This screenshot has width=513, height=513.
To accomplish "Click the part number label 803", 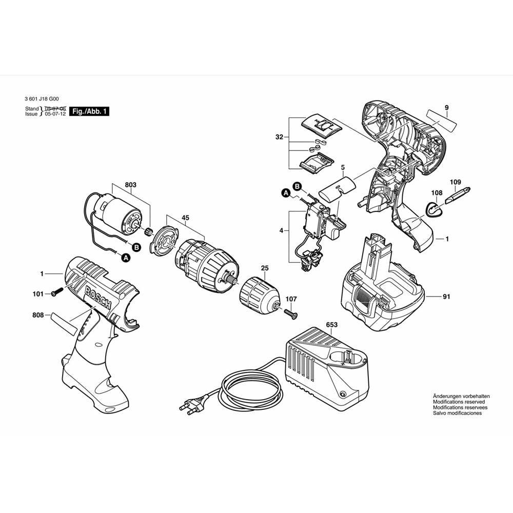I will coord(130,185).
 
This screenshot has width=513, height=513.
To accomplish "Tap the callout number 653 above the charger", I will coord(331,325).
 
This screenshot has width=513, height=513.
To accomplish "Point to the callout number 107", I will coord(291,299).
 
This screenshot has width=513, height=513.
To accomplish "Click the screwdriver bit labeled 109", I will coord(455,197).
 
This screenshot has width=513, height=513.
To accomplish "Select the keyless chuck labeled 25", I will coord(259,293).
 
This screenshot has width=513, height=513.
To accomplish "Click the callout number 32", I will coord(279,137).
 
